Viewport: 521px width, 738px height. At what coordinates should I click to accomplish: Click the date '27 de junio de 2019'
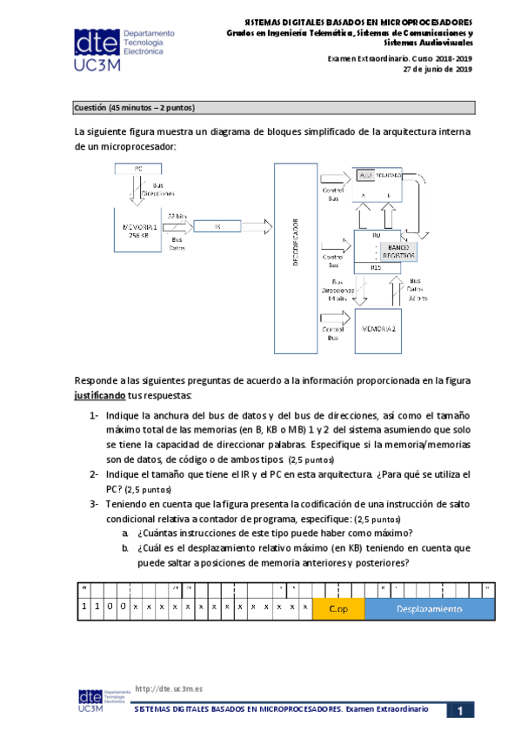[438, 70]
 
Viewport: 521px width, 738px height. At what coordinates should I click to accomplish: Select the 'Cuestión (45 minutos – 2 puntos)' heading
[134, 108]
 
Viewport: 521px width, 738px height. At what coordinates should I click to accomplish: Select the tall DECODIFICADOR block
[295, 250]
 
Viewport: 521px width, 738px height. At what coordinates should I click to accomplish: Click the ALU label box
[365, 175]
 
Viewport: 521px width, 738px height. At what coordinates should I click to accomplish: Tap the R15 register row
[377, 268]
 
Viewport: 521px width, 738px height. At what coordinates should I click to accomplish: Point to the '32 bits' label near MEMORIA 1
[177, 216]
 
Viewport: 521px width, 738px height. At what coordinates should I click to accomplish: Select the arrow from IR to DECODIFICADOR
[257, 226]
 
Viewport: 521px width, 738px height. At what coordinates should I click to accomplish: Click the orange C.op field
[337, 608]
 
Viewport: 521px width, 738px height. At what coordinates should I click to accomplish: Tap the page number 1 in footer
[459, 711]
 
